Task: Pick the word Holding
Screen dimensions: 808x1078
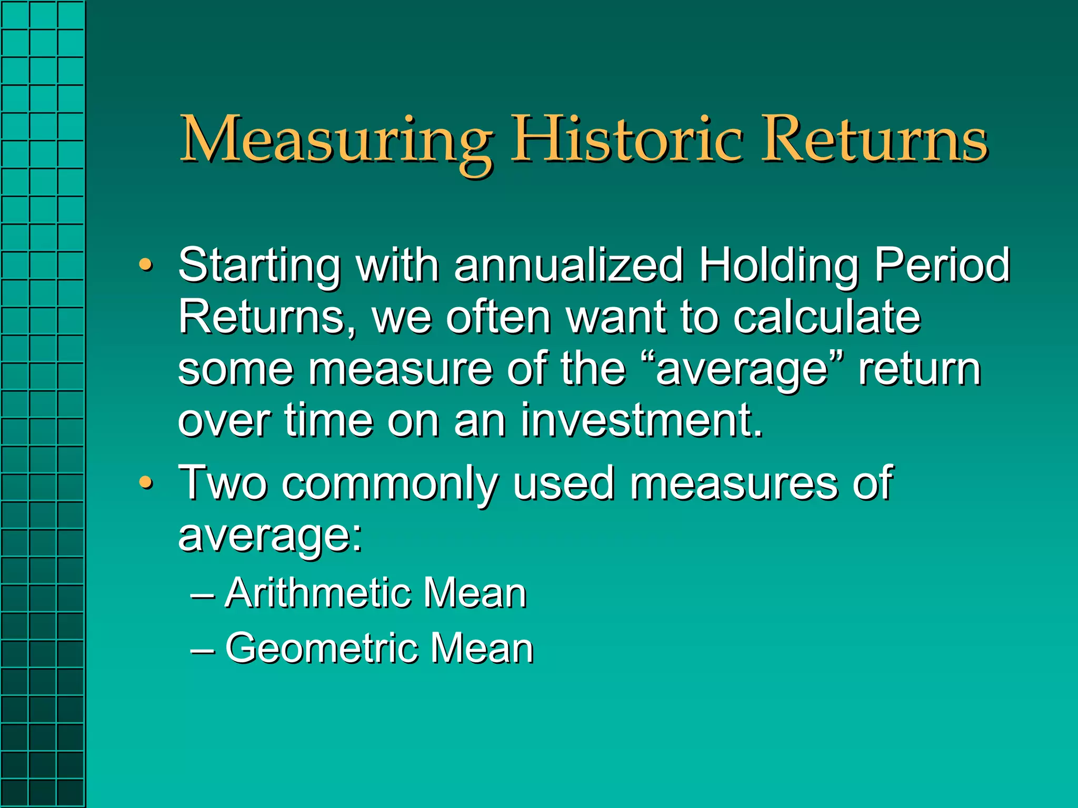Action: pos(778,266)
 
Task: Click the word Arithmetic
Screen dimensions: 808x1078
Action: pos(316,593)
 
